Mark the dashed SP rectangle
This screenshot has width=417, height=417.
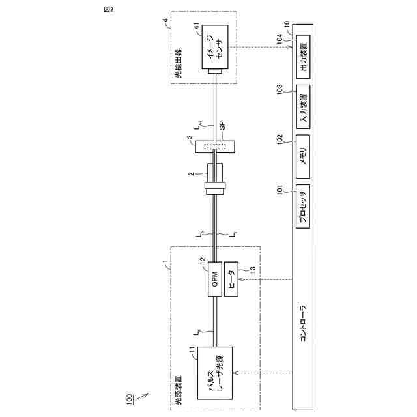pos(215,147)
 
